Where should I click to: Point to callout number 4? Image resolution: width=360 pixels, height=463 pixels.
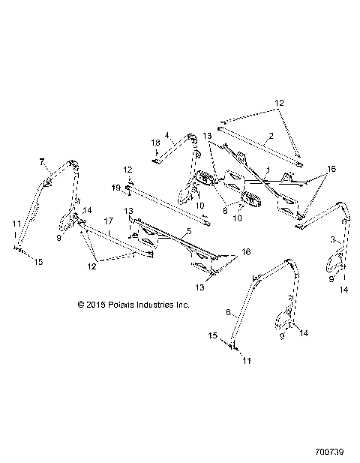(169, 137)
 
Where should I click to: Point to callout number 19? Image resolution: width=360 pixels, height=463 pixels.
(115, 187)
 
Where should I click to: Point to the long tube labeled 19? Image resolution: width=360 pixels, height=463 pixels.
(165, 203)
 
